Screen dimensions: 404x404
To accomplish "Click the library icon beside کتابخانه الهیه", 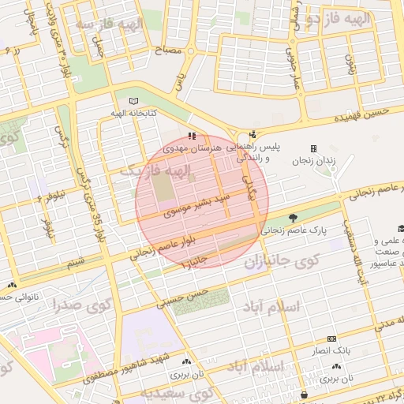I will (133, 102).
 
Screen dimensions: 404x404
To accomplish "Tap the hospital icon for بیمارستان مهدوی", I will (193, 136).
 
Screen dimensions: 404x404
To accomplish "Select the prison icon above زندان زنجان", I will (314, 148).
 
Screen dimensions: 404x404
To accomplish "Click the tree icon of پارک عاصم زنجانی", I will (294, 217).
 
